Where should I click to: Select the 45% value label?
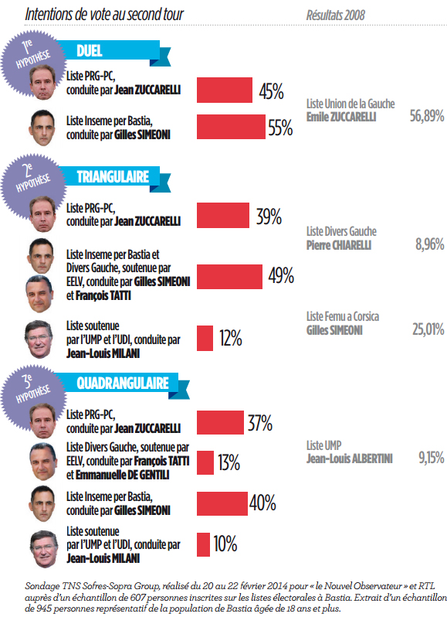[x=271, y=92]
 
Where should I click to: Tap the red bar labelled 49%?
[x=228, y=275]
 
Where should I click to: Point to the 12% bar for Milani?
[x=205, y=338]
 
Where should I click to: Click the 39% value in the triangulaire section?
[x=268, y=217]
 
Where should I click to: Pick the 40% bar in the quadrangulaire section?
[x=222, y=503]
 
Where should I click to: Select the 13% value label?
[x=229, y=462]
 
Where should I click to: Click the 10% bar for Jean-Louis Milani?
[x=204, y=544]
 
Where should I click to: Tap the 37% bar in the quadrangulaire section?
[x=221, y=423]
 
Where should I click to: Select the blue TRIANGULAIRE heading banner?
[x=113, y=177]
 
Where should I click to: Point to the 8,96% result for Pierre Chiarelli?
[x=429, y=244]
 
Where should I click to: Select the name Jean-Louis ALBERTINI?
[x=349, y=458]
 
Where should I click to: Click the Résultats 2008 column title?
[x=336, y=15]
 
